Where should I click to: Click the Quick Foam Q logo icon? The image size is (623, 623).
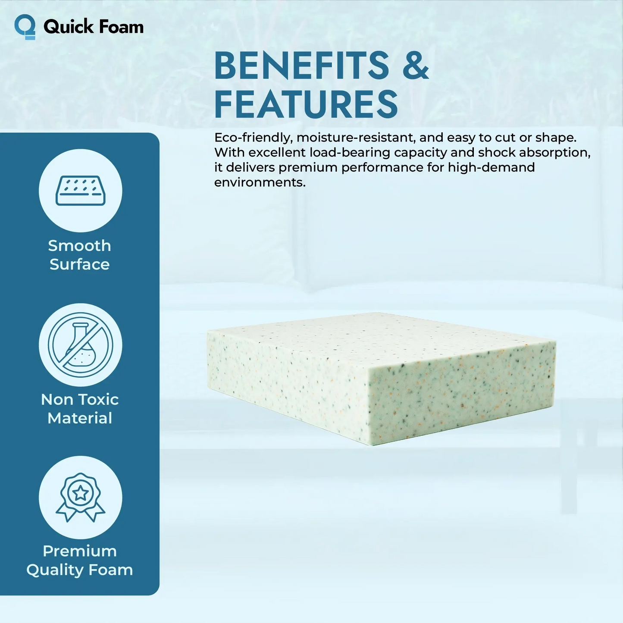click(x=25, y=27)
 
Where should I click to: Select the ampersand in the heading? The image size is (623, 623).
click(x=415, y=65)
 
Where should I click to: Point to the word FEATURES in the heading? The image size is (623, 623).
click(x=306, y=104)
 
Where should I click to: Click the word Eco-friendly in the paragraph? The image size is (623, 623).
click(x=254, y=138)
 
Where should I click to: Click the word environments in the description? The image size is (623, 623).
click(x=260, y=182)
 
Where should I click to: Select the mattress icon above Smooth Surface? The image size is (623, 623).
click(x=81, y=191)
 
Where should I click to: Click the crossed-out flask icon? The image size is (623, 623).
click(x=81, y=345)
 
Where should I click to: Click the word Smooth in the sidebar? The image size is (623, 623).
click(x=80, y=246)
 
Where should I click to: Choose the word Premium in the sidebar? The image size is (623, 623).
click(x=80, y=551)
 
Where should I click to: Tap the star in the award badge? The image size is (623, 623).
click(x=81, y=493)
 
